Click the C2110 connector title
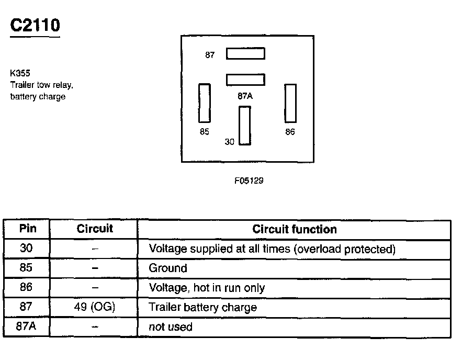point(35,26)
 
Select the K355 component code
point(20,74)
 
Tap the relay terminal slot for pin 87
point(245,53)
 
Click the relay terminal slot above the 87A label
point(245,80)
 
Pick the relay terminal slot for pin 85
point(205,103)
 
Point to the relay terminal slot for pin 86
point(290,103)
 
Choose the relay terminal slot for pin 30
point(244,126)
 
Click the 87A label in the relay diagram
point(245,96)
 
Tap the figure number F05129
point(249,181)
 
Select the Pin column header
point(27,229)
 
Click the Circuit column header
point(95,229)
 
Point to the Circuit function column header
point(294,229)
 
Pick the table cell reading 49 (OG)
point(95,307)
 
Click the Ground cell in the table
point(168,268)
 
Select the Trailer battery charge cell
point(203,307)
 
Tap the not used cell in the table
point(171,327)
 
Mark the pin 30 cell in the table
point(27,249)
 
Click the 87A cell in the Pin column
point(27,327)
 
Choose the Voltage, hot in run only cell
point(207,288)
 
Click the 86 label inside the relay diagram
point(290,132)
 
